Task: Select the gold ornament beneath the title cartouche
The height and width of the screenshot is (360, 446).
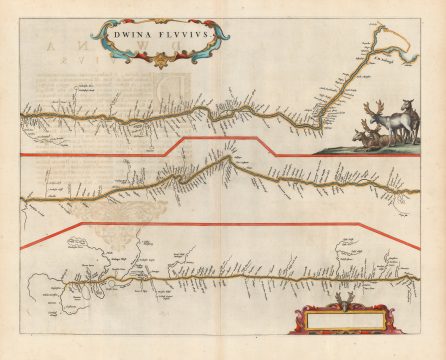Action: pyautogui.click(x=157, y=63)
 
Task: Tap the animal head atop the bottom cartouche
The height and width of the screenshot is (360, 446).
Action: pyautogui.click(x=342, y=301)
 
